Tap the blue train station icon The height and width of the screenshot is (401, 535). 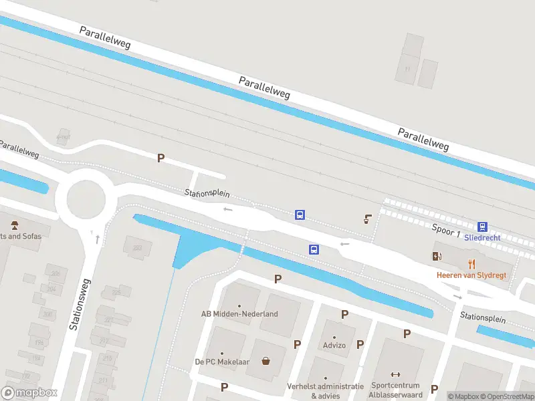(482, 227)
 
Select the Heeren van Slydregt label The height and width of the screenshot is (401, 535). (471, 275)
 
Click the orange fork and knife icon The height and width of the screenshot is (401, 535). (471, 263)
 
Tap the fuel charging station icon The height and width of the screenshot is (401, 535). (438, 256)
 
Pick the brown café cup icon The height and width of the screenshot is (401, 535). (368, 218)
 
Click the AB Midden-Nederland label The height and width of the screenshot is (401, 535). (239, 314)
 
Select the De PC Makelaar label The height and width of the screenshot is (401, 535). (222, 362)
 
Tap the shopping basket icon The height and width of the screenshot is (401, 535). (266, 362)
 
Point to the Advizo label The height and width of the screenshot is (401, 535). (334, 346)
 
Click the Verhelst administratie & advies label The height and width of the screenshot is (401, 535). (326, 390)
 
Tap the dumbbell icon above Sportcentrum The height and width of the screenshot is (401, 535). (395, 375)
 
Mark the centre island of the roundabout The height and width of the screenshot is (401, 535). (81, 199)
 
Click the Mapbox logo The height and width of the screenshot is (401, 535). (29, 393)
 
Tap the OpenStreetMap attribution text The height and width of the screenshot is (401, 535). (506, 396)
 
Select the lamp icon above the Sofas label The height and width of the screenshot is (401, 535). (13, 224)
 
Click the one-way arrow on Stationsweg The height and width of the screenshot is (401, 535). (98, 238)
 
